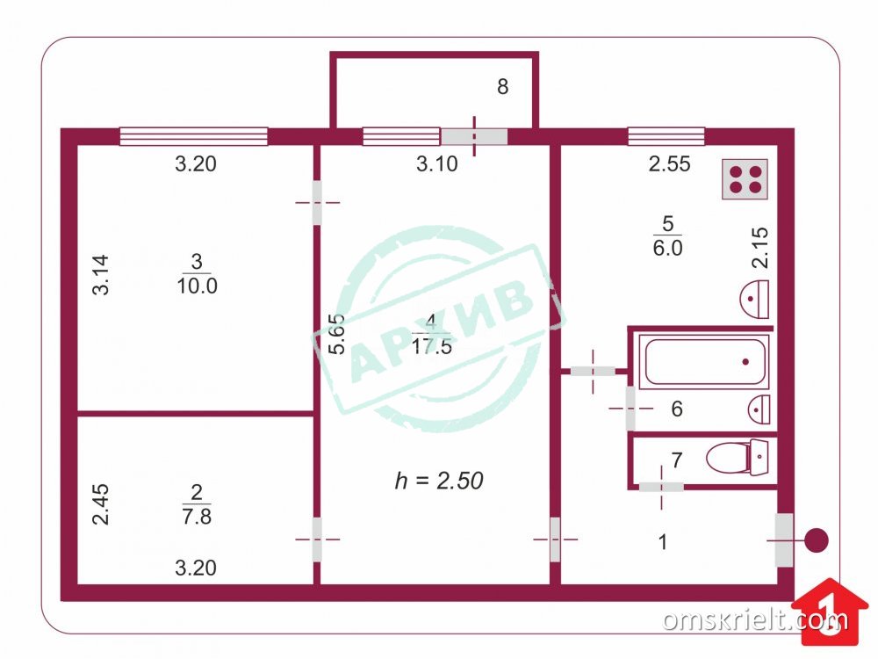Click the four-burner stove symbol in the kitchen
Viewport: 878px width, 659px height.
pos(745,179)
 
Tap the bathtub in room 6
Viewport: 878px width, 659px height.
pos(704,361)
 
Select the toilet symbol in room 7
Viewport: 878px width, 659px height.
pos(738,457)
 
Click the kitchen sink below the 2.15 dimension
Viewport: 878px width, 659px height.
pos(755,300)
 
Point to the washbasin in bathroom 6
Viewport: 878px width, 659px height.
pos(759,409)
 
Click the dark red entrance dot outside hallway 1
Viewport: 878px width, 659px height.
pos(817,540)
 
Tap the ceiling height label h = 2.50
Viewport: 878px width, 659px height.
pos(439,481)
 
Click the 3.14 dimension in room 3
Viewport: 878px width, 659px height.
pos(101,274)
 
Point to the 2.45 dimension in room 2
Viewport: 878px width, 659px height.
pos(101,504)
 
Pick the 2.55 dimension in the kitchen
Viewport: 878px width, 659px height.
pos(669,163)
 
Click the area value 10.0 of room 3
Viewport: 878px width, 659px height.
pos(197,286)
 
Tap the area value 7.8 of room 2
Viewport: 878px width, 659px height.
pos(197,516)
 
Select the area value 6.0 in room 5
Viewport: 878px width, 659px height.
pos(667,248)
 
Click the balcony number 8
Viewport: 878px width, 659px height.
pos(503,87)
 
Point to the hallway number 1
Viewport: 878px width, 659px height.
pos(663,542)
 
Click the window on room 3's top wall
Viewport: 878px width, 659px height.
pos(194,136)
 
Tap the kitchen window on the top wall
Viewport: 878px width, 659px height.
pos(666,136)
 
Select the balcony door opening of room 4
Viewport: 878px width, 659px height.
pos(474,137)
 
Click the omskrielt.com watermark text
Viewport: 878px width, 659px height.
pos(755,619)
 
